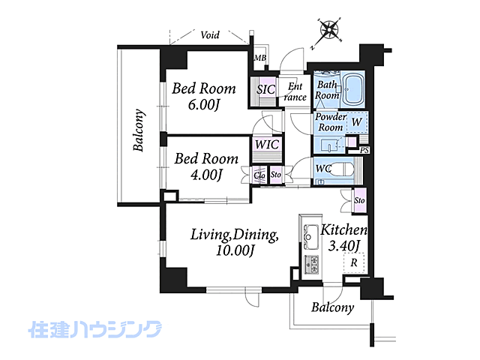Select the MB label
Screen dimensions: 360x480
point(259,58)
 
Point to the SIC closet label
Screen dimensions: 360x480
point(266,90)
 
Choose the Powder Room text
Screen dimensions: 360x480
point(329,122)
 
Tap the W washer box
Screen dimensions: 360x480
point(357,122)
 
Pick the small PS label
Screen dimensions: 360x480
point(364,151)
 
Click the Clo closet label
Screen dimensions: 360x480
point(259,175)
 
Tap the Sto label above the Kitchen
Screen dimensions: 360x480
point(359,201)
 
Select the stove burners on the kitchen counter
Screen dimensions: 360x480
point(310,264)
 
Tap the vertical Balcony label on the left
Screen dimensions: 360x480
point(139,130)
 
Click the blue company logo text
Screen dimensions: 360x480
point(95,328)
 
